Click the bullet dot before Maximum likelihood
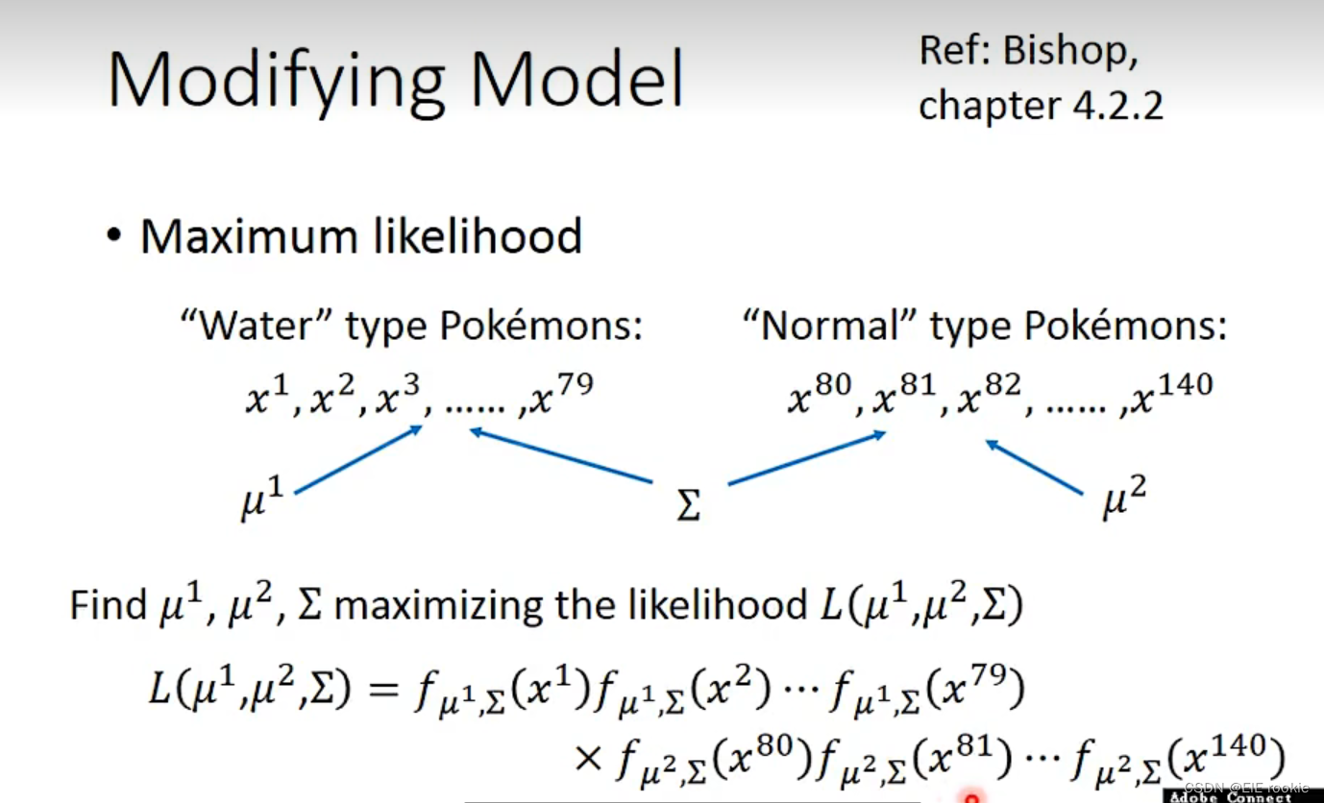[x=116, y=236]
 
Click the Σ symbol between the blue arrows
[x=688, y=503]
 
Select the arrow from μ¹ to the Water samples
[x=358, y=460]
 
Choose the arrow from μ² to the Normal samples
[x=1034, y=467]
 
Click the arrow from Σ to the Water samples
[x=561, y=455]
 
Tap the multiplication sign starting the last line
[x=587, y=759]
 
